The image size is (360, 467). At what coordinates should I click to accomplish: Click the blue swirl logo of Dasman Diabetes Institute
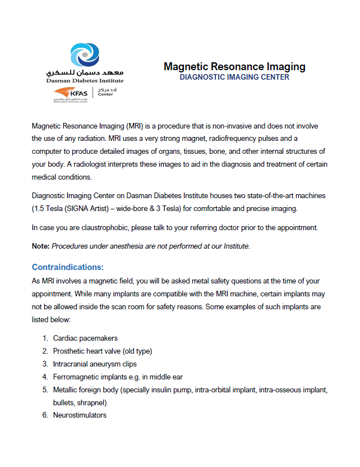[85, 56]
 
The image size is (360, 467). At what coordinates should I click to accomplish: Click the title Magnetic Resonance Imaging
[234, 67]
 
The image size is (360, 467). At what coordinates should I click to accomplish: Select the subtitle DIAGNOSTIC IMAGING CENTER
[234, 77]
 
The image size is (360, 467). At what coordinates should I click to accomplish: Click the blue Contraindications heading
[68, 267]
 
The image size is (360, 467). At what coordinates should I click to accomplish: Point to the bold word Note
[41, 246]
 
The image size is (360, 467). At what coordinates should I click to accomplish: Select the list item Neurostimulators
[80, 415]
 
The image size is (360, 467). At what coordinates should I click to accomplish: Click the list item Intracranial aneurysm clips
[95, 364]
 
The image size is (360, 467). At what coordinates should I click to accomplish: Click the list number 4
[45, 377]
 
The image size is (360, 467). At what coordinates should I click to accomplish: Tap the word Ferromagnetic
[78, 377]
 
